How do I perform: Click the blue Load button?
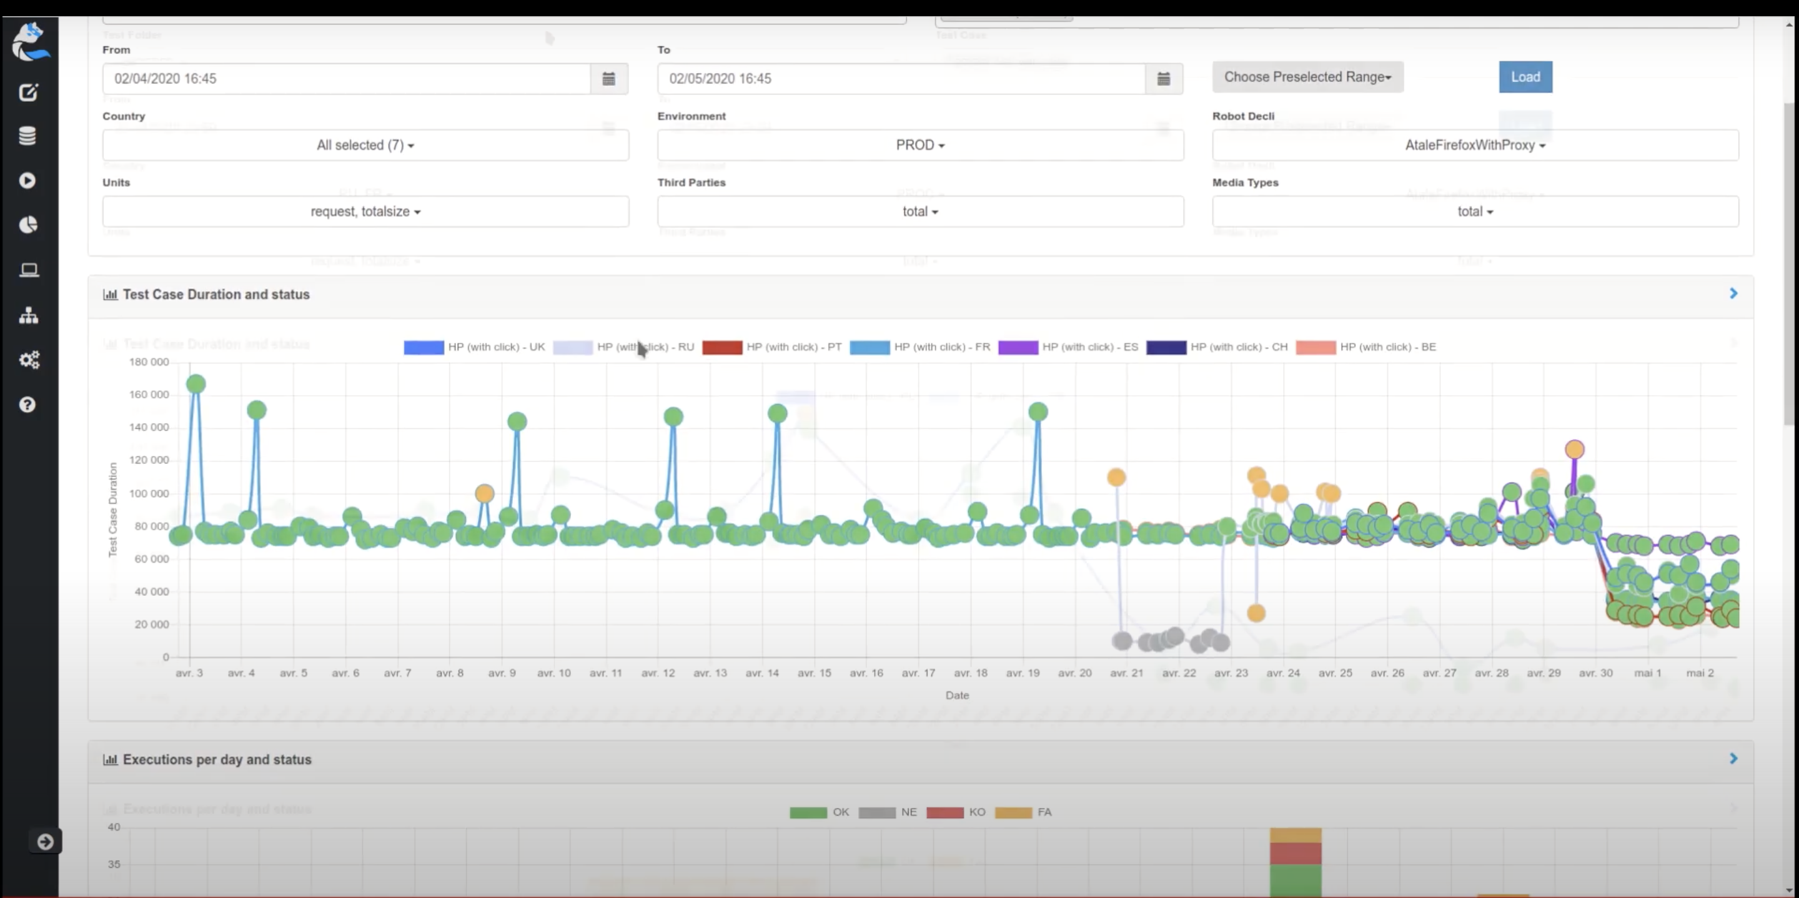pyautogui.click(x=1525, y=77)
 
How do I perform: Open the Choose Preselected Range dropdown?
pyautogui.click(x=1307, y=77)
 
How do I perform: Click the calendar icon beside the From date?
pyautogui.click(x=609, y=79)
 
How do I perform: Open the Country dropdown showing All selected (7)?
pyautogui.click(x=365, y=146)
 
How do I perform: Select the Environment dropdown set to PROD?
pyautogui.click(x=919, y=146)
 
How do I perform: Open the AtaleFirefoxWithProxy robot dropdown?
pyautogui.click(x=1475, y=146)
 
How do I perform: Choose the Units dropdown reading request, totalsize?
pyautogui.click(x=365, y=212)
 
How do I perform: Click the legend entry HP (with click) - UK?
pyautogui.click(x=474, y=347)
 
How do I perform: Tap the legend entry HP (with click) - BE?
pyautogui.click(x=1365, y=347)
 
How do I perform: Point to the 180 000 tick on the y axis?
pyautogui.click(x=149, y=362)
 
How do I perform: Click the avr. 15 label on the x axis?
pyautogui.click(x=815, y=673)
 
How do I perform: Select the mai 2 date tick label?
pyautogui.click(x=1700, y=673)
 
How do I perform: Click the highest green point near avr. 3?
pyautogui.click(x=196, y=384)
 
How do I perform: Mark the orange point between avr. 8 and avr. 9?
pyautogui.click(x=484, y=494)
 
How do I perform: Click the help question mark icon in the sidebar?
pyautogui.click(x=27, y=405)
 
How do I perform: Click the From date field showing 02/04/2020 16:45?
pyautogui.click(x=345, y=79)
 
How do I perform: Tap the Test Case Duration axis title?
pyautogui.click(x=113, y=510)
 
